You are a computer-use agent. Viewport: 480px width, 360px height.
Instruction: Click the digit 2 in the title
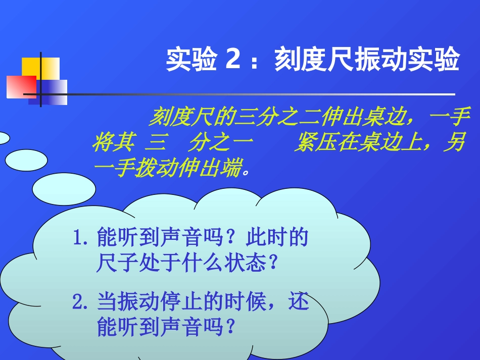(233, 60)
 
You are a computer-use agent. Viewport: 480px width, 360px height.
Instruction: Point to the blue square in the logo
(53, 93)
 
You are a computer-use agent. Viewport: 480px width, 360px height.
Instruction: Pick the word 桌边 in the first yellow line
(385, 118)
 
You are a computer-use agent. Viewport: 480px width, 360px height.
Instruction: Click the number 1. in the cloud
(81, 238)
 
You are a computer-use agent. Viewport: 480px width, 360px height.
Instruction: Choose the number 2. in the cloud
(81, 303)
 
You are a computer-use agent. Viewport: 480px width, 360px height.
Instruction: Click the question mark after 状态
(273, 263)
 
